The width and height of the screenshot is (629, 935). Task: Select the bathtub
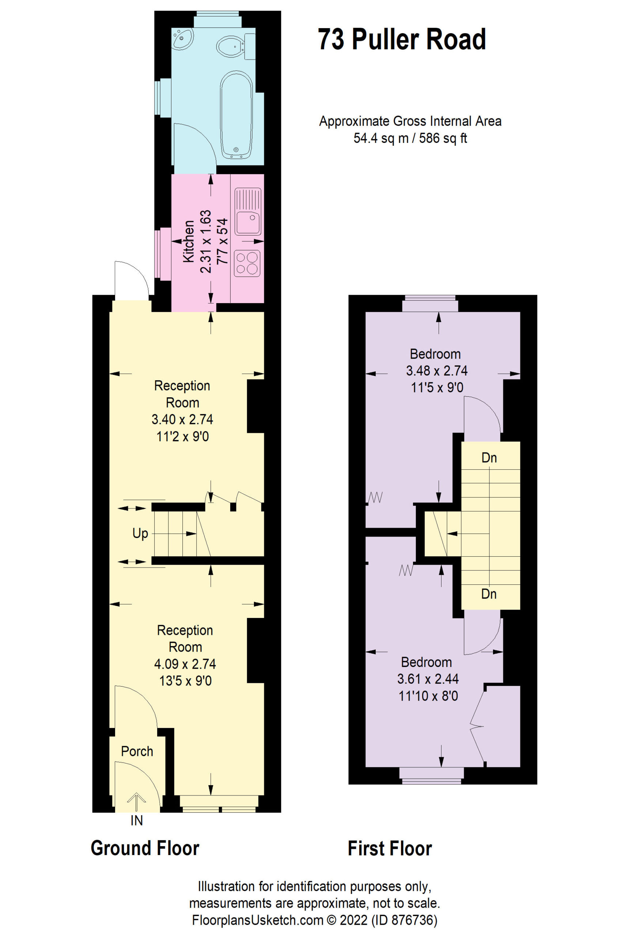236,115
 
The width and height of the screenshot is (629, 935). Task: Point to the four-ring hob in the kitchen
247,263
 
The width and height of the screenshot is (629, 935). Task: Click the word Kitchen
189,241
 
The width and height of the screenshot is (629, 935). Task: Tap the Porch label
137,751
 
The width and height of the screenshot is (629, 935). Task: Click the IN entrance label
137,820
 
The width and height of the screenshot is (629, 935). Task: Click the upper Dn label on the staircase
489,458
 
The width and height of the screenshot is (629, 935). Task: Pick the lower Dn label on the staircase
489,594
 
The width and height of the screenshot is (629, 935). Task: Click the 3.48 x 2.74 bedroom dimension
437,371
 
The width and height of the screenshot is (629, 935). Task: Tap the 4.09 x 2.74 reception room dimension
185,664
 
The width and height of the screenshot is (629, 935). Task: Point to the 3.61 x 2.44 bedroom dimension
428,679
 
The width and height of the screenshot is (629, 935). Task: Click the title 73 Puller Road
402,39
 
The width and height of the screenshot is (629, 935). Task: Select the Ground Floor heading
145,848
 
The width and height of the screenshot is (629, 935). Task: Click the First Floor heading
390,848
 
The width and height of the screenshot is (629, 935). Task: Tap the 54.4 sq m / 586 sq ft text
410,138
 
